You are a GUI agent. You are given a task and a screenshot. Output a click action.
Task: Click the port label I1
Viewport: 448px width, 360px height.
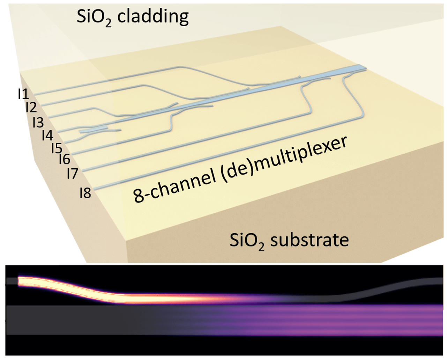click(x=23, y=94)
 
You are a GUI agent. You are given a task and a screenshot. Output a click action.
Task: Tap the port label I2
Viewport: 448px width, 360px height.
click(x=31, y=107)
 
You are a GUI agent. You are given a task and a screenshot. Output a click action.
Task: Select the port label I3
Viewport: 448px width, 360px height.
click(x=38, y=122)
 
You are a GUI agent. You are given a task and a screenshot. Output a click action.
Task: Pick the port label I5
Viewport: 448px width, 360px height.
click(x=57, y=148)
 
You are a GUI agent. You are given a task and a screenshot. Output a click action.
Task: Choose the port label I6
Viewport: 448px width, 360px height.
click(x=65, y=159)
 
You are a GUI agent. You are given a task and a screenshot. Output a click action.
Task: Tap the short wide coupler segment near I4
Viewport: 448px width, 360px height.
click(x=92, y=130)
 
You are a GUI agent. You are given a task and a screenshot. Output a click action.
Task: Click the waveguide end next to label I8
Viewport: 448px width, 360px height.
click(x=96, y=189)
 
